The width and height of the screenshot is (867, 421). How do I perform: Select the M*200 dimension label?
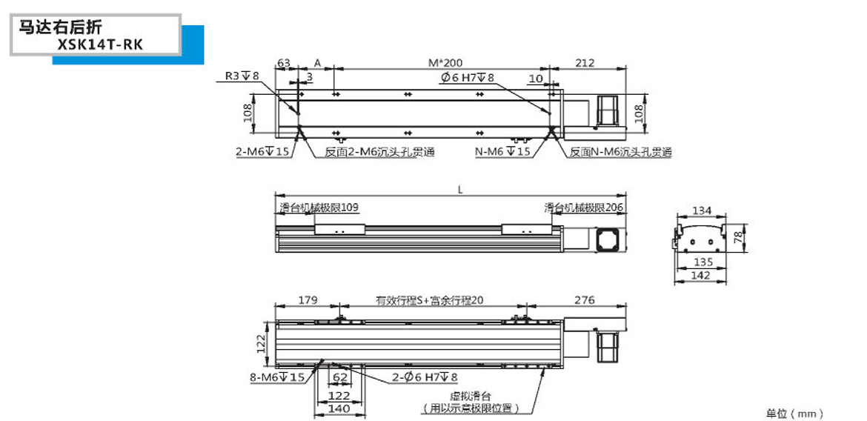pyautogui.click(x=445, y=63)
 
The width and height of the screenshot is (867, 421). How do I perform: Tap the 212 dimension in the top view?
pyautogui.click(x=585, y=63)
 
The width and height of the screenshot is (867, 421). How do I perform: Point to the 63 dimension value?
pyautogui.click(x=284, y=63)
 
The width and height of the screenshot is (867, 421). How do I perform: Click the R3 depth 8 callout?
pyautogui.click(x=242, y=76)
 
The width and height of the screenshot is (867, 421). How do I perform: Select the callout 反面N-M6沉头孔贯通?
pyautogui.click(x=620, y=152)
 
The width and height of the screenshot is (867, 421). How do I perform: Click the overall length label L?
pyautogui.click(x=460, y=190)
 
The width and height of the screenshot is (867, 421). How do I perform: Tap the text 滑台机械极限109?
pyautogui.click(x=319, y=208)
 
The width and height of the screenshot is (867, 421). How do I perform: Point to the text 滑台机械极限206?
pyautogui.click(x=583, y=208)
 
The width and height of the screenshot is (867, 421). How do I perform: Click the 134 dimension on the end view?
pyautogui.click(x=702, y=210)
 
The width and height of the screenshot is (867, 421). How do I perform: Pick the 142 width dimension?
pyautogui.click(x=700, y=276)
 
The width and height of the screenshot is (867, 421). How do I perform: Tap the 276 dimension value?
pyautogui.click(x=585, y=300)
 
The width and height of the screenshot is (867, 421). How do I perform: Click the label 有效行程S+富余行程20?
pyautogui.click(x=430, y=301)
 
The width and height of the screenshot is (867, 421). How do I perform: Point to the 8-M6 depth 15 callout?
pyautogui.click(x=277, y=378)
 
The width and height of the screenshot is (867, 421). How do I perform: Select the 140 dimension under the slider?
pyautogui.click(x=339, y=408)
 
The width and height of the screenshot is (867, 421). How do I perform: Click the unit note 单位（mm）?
pyautogui.click(x=794, y=413)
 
